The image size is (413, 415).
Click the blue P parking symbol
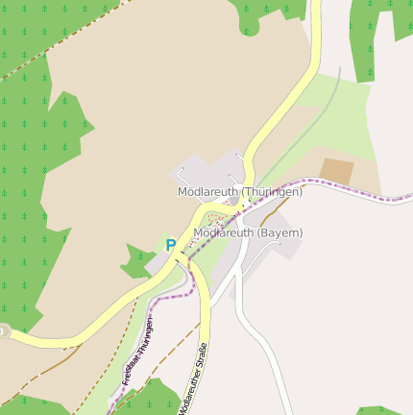tap(171, 245)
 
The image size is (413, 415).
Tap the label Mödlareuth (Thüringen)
tap(239, 192)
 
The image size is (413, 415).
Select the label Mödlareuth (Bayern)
tap(248, 232)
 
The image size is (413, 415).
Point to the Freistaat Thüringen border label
tap(137, 350)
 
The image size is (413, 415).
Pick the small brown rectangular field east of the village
tap(336, 171)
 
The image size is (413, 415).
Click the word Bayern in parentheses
tap(281, 232)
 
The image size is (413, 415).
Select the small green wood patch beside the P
tap(137, 260)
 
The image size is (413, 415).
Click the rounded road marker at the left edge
tap(3, 330)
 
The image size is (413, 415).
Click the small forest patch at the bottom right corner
tap(379, 410)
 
